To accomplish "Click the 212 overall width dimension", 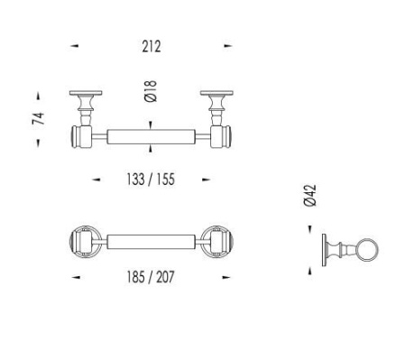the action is click(x=152, y=46).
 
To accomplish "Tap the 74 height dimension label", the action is click(x=39, y=118).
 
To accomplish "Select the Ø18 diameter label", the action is click(x=151, y=91).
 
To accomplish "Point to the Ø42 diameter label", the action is click(x=310, y=195).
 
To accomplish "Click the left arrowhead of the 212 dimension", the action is click(x=74, y=46).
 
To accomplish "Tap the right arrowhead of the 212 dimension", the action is click(x=228, y=46).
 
